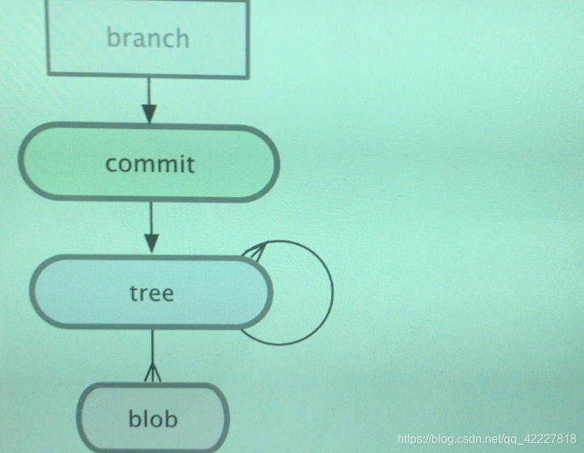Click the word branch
coord(147,37)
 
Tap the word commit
coord(150,163)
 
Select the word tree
coord(151,293)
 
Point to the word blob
coord(153,419)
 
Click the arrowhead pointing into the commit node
coord(149,114)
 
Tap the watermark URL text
coord(486,439)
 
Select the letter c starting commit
coord(111,163)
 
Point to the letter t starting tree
coord(134,293)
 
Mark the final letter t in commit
coord(191,163)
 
